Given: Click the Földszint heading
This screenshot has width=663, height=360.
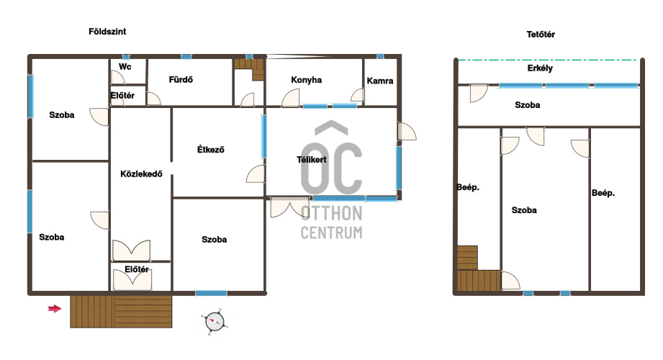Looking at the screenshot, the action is (107, 31).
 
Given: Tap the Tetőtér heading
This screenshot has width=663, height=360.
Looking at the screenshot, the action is (541, 35).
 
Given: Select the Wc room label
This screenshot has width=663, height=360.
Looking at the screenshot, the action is (125, 66).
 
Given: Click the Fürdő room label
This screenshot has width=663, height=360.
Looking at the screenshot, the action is (181, 79).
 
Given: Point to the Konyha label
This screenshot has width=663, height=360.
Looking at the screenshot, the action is (306, 80).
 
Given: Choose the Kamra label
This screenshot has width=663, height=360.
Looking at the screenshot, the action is (379, 81).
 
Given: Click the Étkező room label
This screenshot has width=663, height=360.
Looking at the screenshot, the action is (211, 149).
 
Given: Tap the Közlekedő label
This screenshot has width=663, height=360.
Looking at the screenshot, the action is (141, 174).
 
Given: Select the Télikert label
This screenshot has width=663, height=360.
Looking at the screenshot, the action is (312, 160).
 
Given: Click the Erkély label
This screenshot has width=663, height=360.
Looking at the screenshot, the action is (540, 68).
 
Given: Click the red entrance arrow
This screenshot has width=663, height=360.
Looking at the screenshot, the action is (55, 309).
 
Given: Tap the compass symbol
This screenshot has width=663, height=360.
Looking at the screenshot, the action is (215, 323).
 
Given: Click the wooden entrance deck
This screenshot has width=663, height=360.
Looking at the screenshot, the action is (121, 311).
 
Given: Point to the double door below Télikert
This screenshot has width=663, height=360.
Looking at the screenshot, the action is (289, 207).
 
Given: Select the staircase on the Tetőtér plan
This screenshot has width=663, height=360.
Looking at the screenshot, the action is (479, 269).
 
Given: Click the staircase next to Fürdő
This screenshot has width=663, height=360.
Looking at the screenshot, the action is (250, 69).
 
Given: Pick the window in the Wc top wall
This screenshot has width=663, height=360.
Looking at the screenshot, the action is (126, 57).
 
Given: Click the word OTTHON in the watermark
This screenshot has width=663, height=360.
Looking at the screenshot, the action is (331, 214).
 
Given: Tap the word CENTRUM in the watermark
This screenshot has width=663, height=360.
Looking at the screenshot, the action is (331, 233).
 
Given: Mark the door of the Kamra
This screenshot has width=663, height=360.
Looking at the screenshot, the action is (358, 95).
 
